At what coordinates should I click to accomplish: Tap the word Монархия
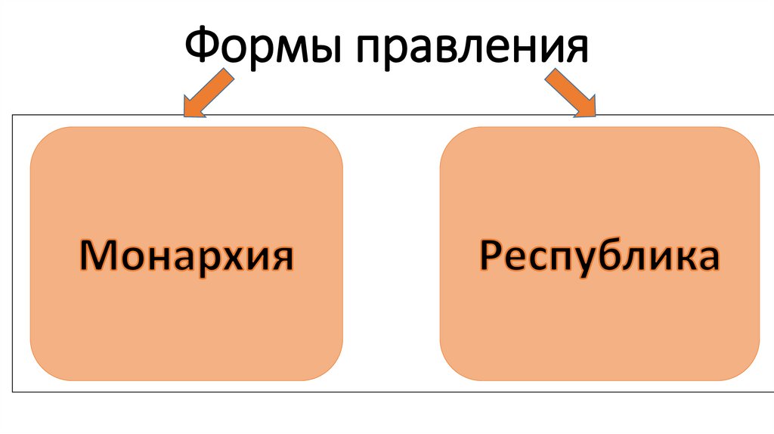187,256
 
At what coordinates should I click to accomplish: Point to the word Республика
599,256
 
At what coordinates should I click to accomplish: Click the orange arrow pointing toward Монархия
206,94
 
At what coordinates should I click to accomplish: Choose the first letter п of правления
369,51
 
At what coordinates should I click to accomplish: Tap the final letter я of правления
575,49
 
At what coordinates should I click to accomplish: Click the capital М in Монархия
97,256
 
